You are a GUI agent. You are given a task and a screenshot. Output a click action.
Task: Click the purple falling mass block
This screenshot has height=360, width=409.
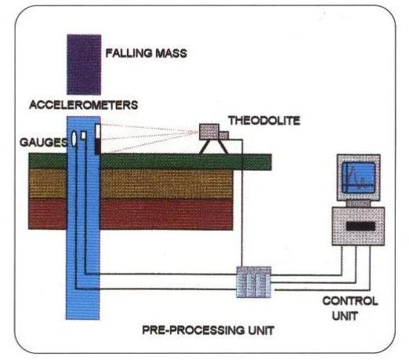84,64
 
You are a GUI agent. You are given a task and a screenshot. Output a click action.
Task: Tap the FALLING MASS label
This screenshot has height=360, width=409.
147,53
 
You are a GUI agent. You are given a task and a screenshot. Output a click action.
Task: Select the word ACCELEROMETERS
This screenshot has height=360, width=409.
84,105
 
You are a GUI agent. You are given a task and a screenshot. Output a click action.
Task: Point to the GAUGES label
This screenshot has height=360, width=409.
43,142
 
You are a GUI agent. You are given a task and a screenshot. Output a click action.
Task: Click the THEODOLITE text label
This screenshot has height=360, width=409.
264,121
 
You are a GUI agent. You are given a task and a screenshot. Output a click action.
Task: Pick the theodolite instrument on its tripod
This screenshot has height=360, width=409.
214,139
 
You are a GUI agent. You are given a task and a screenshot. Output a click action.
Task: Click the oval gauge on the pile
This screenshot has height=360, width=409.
74,139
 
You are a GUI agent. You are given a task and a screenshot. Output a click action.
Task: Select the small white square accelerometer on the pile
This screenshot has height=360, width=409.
83,135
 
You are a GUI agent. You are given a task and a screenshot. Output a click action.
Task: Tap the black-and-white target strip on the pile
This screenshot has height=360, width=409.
98,139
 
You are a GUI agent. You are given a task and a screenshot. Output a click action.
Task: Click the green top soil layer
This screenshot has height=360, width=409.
150,162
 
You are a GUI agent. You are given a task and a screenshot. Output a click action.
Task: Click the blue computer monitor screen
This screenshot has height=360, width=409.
359,177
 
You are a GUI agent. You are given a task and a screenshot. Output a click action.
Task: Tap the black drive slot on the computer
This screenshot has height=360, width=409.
360,227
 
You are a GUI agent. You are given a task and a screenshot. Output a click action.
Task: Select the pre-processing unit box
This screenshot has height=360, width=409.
254,282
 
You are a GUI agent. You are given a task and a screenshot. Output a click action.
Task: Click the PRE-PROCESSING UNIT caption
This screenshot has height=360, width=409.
208,330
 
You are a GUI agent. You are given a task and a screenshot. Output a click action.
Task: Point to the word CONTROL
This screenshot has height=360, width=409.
350,301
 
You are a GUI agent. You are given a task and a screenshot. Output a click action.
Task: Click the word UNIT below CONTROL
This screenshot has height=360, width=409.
345,316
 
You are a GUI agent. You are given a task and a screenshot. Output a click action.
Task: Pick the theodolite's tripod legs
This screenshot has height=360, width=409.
214,147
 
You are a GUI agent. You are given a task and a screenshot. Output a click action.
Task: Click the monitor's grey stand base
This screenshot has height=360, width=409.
358,204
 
